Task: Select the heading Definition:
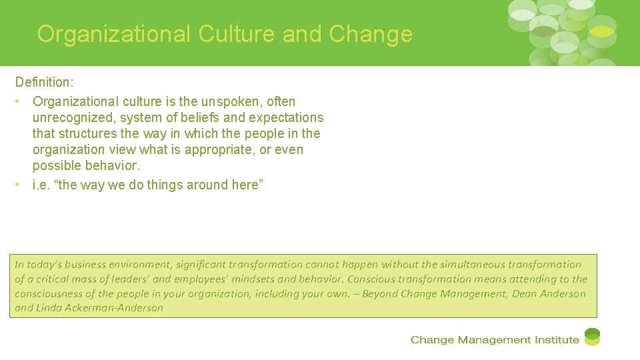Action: [44, 83]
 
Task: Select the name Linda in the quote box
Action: [49, 308]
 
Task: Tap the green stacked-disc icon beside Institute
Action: [592, 337]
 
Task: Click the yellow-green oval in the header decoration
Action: [601, 31]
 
